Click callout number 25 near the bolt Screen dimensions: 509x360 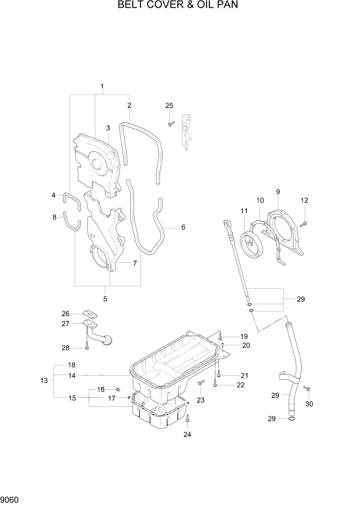pyautogui.click(x=169, y=106)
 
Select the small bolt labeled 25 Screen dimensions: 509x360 pyautogui.click(x=171, y=123)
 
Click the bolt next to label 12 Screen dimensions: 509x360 pyautogui.click(x=304, y=223)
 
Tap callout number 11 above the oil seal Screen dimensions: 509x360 pyautogui.click(x=244, y=210)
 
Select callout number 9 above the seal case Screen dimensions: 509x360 pyautogui.click(x=277, y=191)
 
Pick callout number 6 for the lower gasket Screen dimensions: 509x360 pyautogui.click(x=183, y=227)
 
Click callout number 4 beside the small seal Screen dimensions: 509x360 pyautogui.click(x=53, y=195)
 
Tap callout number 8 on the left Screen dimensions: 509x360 pyautogui.click(x=54, y=217)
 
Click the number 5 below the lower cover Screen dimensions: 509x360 pyautogui.click(x=105, y=299)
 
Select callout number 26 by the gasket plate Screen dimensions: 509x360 pyautogui.click(x=65, y=314)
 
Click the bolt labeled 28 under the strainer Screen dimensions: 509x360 pyautogui.click(x=87, y=347)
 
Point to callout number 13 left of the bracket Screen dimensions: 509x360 pyautogui.click(x=44, y=380)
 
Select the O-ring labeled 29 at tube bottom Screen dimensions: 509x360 pyautogui.click(x=291, y=419)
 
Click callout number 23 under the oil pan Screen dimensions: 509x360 pyautogui.click(x=200, y=400)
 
